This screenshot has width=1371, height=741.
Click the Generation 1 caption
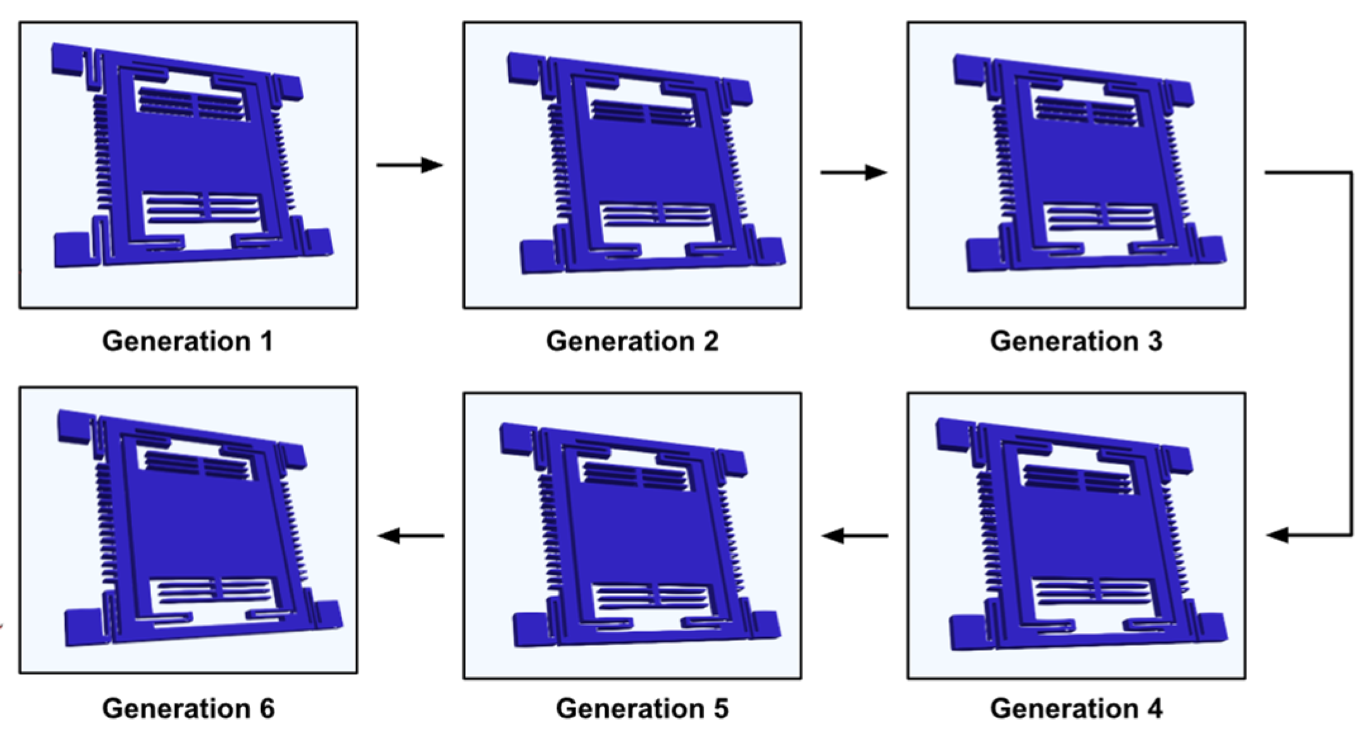point(188,342)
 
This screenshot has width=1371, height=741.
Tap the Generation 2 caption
point(632,342)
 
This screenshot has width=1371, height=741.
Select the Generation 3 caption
point(1076,342)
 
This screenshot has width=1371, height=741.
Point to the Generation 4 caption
point(1076,709)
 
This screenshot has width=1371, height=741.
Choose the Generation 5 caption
point(642,709)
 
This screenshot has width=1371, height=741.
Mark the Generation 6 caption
point(188,709)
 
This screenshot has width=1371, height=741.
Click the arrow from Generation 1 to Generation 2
point(410,165)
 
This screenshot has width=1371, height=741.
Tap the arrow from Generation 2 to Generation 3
point(854,172)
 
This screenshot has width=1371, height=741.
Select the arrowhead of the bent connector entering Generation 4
point(1277,535)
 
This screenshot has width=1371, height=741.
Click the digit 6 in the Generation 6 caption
point(267,709)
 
